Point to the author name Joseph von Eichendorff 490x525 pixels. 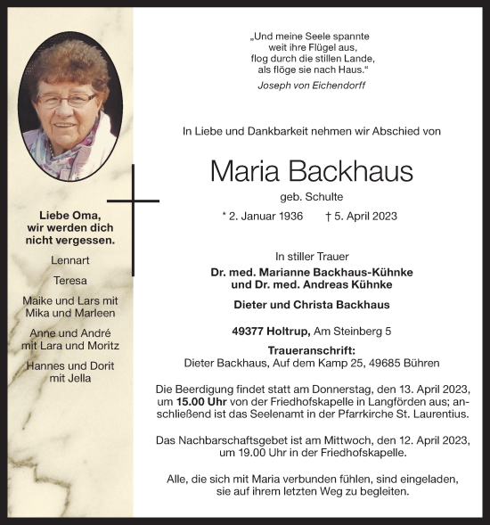[x=311, y=86]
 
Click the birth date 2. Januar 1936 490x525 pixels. [x=262, y=216]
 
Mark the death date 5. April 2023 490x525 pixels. [x=361, y=216]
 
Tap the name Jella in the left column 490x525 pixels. [x=82, y=378]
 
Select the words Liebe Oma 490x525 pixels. [x=69, y=216]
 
